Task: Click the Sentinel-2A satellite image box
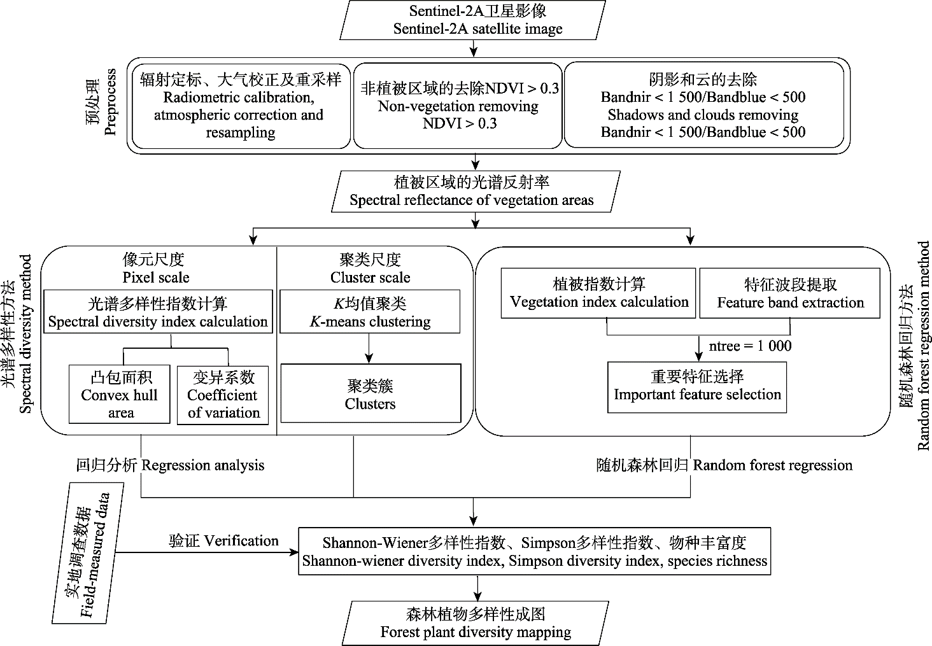pyautogui.click(x=472, y=20)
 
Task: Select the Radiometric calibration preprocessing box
pyautogui.click(x=241, y=106)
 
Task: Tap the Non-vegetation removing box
pyautogui.click(x=458, y=106)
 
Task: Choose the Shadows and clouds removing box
pyautogui.click(x=703, y=105)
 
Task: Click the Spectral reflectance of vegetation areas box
pyautogui.click(x=476, y=192)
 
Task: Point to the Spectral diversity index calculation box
pyautogui.click(x=158, y=312)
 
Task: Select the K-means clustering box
pyautogui.click(x=370, y=312)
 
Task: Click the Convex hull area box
pyautogui.click(x=120, y=395)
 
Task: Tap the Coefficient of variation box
pyautogui.click(x=223, y=395)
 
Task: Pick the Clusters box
pyautogui.click(x=371, y=393)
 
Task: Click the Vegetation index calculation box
pyautogui.click(x=598, y=293)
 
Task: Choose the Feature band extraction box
pyautogui.click(x=789, y=293)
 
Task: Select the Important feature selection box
pyautogui.click(x=697, y=387)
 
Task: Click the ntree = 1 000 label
pyautogui.click(x=750, y=346)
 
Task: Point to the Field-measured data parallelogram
pyautogui.click(x=88, y=553)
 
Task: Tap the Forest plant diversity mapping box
pyautogui.click(x=475, y=623)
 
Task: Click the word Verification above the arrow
pyautogui.click(x=241, y=541)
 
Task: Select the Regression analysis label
pyautogui.click(x=203, y=465)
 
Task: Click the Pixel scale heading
pyautogui.click(x=155, y=277)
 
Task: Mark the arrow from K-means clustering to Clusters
pyautogui.click(x=369, y=348)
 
